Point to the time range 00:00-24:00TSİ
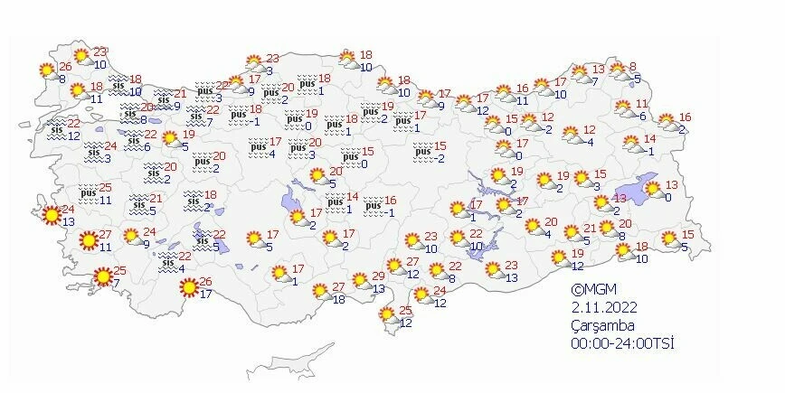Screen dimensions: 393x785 [x=623, y=342]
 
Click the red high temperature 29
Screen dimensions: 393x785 [x=379, y=276]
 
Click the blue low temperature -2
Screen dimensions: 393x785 [x=439, y=159]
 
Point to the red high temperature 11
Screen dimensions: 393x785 [x=643, y=104]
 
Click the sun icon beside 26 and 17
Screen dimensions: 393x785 [x=189, y=288]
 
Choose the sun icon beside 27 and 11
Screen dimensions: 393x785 [x=87, y=240]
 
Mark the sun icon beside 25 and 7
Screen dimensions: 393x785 [x=104, y=276]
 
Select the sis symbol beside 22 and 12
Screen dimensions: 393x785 [x=56, y=130]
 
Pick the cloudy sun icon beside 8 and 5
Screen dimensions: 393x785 [x=618, y=70]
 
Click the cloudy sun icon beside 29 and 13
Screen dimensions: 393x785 [x=360, y=281]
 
